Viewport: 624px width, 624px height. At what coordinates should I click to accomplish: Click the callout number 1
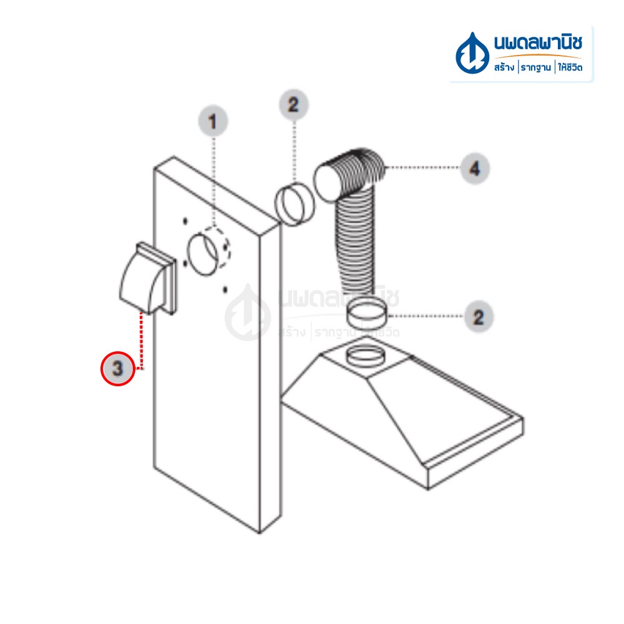pyautogui.click(x=213, y=121)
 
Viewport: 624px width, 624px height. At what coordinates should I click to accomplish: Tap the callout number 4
pyautogui.click(x=474, y=168)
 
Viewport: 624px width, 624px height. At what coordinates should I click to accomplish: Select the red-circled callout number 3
pyautogui.click(x=118, y=369)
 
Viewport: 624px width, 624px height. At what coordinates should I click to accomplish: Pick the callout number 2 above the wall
pyautogui.click(x=293, y=105)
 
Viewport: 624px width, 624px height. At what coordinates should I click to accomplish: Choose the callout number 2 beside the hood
pyautogui.click(x=479, y=317)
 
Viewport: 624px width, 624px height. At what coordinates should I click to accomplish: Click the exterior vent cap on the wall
pyautogui.click(x=148, y=278)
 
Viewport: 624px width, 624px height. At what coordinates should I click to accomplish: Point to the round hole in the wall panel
pyautogui.click(x=203, y=255)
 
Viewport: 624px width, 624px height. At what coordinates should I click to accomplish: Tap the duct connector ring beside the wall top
pyautogui.click(x=295, y=204)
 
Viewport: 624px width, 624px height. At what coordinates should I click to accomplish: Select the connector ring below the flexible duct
pyautogui.click(x=366, y=313)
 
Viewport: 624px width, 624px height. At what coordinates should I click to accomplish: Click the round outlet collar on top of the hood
pyautogui.click(x=366, y=356)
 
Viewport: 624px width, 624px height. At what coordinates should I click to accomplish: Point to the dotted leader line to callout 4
pyautogui.click(x=422, y=167)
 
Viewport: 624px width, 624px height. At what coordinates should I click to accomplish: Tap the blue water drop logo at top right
pyautogui.click(x=472, y=53)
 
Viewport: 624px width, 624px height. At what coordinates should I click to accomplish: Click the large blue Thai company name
pyautogui.click(x=538, y=42)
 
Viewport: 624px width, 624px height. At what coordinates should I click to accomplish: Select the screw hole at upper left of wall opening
pyautogui.click(x=185, y=221)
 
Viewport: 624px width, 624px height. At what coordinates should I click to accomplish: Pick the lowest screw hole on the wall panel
pyautogui.click(x=225, y=290)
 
